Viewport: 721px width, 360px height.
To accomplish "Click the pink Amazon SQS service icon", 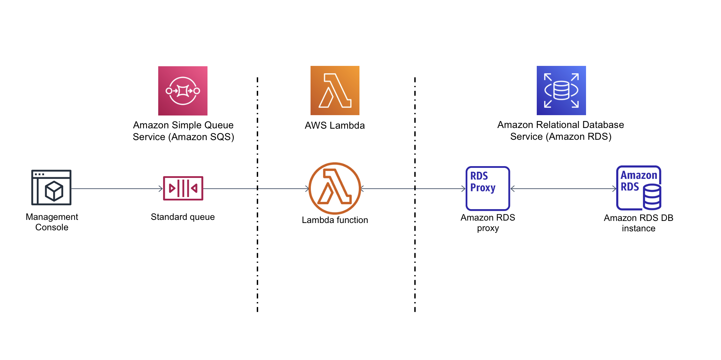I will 183,91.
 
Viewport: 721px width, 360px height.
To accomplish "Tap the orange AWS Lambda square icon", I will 335,91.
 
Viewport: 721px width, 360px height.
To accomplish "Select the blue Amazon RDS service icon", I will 561,91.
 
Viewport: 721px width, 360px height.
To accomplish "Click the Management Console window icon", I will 51,187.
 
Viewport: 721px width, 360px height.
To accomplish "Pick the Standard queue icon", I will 183,188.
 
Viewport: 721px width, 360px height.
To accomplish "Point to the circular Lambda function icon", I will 335,188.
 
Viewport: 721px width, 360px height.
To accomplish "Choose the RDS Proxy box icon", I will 487,188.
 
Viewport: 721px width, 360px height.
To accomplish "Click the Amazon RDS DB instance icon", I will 638,188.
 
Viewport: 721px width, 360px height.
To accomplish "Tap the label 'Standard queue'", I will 183,217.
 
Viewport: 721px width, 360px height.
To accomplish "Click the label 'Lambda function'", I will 335,220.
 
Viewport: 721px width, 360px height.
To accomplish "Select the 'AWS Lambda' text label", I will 335,126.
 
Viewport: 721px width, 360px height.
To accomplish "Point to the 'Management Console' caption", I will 52,222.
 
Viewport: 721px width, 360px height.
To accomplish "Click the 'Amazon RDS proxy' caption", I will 487,223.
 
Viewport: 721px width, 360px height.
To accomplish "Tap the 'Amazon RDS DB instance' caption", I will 638,223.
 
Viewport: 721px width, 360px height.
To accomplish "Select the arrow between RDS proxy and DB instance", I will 563,189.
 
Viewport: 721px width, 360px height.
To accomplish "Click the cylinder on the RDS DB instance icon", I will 652,197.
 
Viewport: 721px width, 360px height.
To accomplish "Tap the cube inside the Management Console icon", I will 54,191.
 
